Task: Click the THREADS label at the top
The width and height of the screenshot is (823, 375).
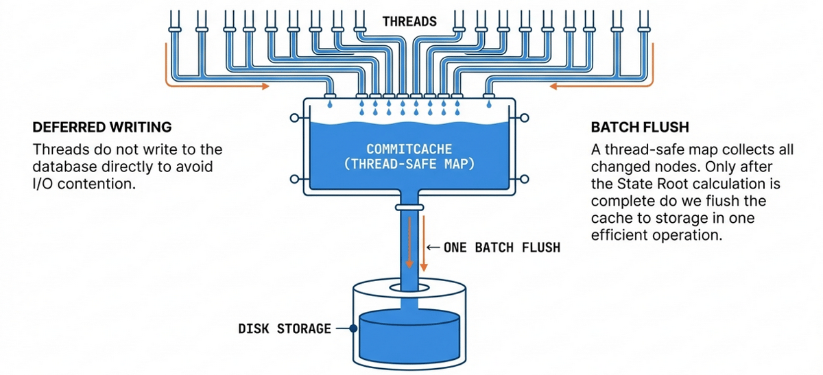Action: (x=409, y=21)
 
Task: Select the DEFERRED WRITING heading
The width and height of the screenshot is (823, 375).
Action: (x=102, y=128)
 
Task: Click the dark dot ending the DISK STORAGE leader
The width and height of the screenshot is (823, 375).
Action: (x=353, y=329)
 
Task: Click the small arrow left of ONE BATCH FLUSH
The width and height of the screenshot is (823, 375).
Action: (x=432, y=247)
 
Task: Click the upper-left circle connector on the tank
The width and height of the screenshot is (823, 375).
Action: (x=295, y=118)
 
